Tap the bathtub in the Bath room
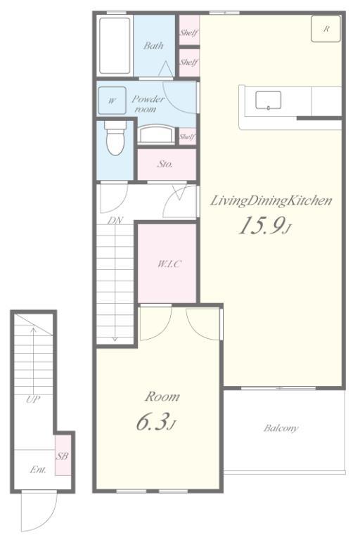click(x=115, y=46)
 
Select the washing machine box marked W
click(x=112, y=101)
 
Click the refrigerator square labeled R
click(x=326, y=29)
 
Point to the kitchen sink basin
click(x=268, y=101)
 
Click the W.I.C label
click(x=169, y=264)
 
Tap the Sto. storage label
click(x=165, y=165)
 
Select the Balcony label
click(x=281, y=428)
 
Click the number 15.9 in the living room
click(x=261, y=226)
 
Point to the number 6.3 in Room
click(x=152, y=422)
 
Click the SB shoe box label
click(x=62, y=456)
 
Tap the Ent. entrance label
click(x=38, y=470)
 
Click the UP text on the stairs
click(x=33, y=399)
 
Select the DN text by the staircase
click(x=115, y=220)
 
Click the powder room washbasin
click(x=156, y=134)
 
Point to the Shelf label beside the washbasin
click(x=187, y=136)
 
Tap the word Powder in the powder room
click(x=148, y=99)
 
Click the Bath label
click(x=153, y=46)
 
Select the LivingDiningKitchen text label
click(x=271, y=200)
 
